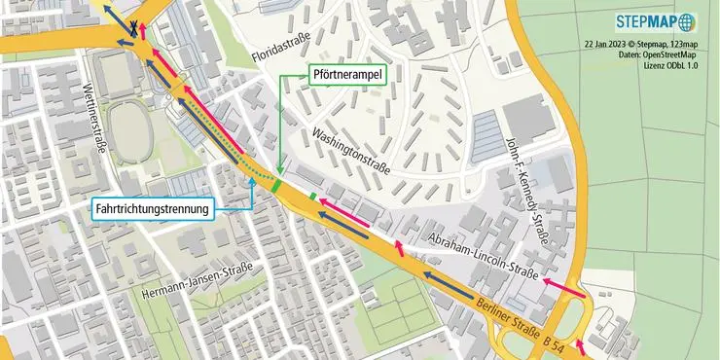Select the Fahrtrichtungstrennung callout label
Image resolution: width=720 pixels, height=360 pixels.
154,208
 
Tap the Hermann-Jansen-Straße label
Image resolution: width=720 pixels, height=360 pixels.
198,281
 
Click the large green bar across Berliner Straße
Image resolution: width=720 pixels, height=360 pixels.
278,184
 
